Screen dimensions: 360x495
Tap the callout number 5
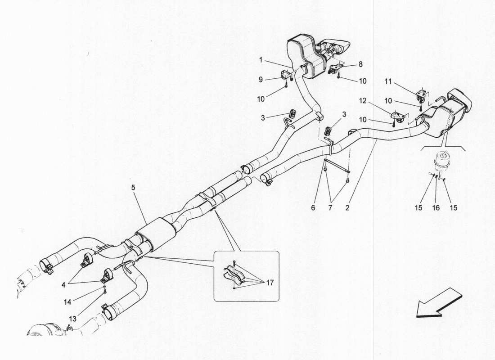(133, 188)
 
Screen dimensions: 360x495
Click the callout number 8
(360, 64)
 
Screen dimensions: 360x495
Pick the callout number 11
(388, 81)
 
